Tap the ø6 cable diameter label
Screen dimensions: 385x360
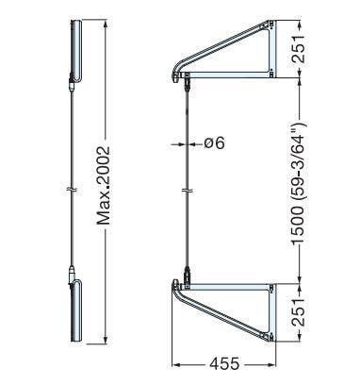(213, 144)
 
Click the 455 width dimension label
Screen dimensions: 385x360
(223, 362)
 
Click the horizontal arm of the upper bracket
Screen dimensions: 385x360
(226, 73)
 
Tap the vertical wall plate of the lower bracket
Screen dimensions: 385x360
(271, 311)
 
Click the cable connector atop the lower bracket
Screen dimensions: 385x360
(188, 275)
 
